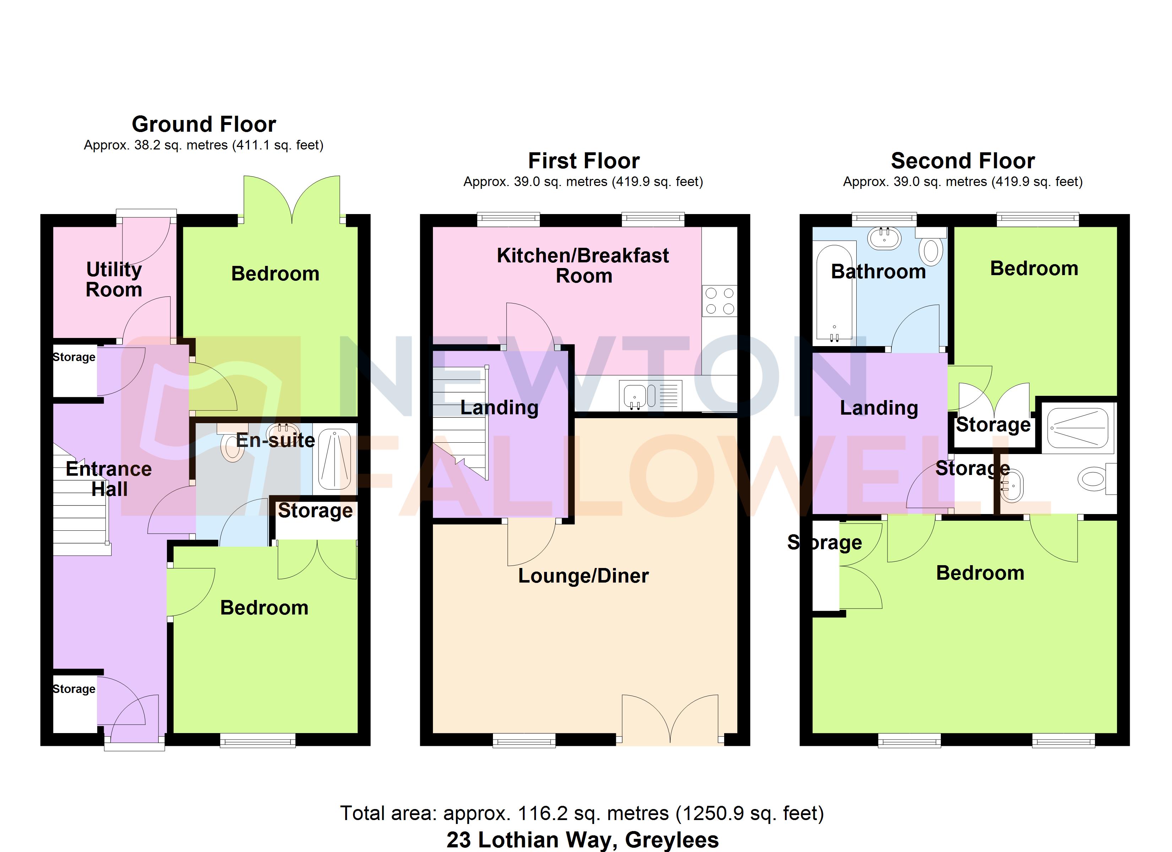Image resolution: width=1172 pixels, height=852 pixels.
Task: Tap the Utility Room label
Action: [x=114, y=279]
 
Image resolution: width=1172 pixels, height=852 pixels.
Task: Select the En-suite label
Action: [x=276, y=440]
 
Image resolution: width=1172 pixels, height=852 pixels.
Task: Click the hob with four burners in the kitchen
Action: [x=719, y=301]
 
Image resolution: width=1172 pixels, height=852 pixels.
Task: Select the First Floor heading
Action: [x=584, y=161]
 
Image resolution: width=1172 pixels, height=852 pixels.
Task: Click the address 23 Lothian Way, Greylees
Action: [x=582, y=840]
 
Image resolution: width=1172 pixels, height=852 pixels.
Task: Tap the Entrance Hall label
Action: [x=109, y=479]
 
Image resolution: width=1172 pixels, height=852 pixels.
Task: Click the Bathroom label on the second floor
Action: [x=878, y=271]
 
